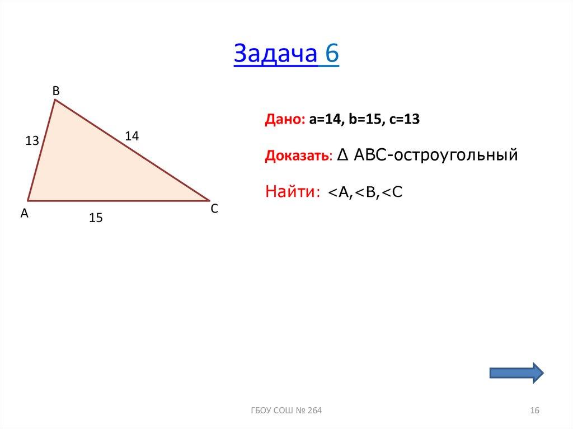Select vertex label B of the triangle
pos(56,90)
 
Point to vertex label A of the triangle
pos(24,213)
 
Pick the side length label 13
pos(32,142)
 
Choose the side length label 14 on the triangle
pos(131,135)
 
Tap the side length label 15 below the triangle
pos(96,218)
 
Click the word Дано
pos(284,120)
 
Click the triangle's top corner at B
pos(54,101)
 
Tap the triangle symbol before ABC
pos(344,155)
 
